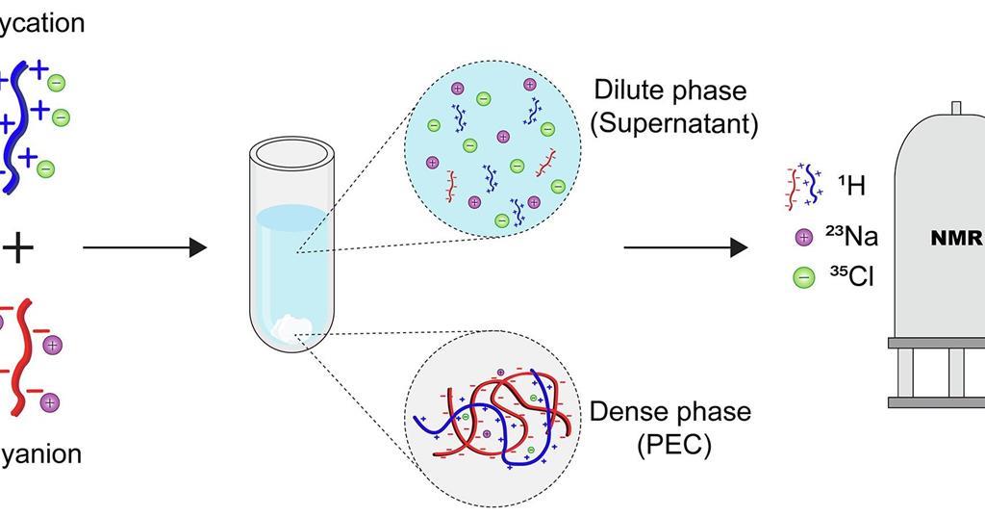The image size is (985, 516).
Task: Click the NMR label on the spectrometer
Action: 956,239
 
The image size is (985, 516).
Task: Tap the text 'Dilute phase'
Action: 670,91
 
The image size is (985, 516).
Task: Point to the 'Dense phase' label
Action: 670,412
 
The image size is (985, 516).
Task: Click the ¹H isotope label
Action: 851,185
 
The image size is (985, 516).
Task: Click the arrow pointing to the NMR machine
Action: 685,247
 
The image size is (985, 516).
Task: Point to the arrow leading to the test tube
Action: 144,247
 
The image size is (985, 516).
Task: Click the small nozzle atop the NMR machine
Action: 956,108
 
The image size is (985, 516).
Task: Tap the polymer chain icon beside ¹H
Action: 803,186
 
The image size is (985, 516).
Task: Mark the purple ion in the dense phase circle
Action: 487,435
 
